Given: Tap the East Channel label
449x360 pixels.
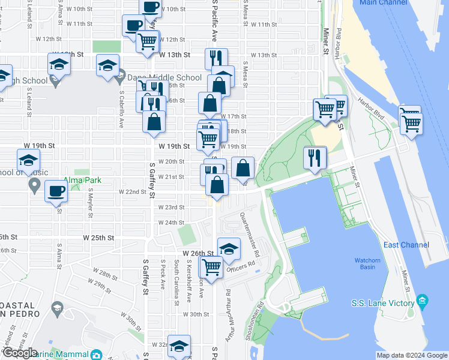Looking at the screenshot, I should click(406, 245).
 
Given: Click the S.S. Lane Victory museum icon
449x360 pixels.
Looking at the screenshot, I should click(423, 299).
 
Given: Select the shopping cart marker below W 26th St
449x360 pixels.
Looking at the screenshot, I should click(211, 268).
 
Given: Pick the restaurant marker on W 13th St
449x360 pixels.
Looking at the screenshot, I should click(216, 59).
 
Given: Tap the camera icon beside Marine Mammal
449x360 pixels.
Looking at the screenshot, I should click(96, 356).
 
